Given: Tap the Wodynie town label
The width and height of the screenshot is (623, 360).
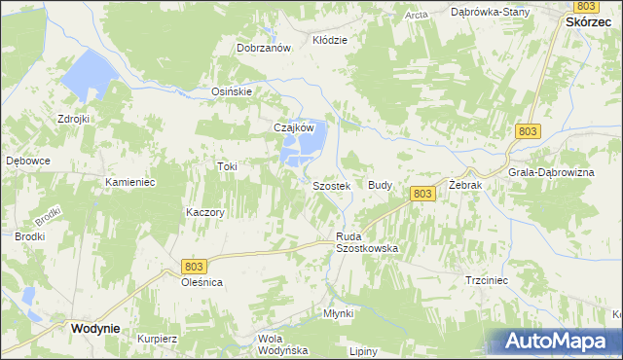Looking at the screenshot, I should [94, 329].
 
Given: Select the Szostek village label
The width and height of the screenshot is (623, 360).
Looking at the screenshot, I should [330, 186].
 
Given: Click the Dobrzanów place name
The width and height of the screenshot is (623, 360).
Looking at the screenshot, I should [265, 48].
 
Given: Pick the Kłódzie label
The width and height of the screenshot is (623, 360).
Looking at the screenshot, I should [329, 40].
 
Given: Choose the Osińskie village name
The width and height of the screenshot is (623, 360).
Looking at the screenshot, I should [233, 91].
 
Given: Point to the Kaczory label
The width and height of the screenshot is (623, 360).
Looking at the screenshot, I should [205, 212].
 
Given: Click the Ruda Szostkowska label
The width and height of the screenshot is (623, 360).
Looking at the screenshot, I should [367, 243].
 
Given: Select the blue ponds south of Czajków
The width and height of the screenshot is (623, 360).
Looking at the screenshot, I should [303, 149].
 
